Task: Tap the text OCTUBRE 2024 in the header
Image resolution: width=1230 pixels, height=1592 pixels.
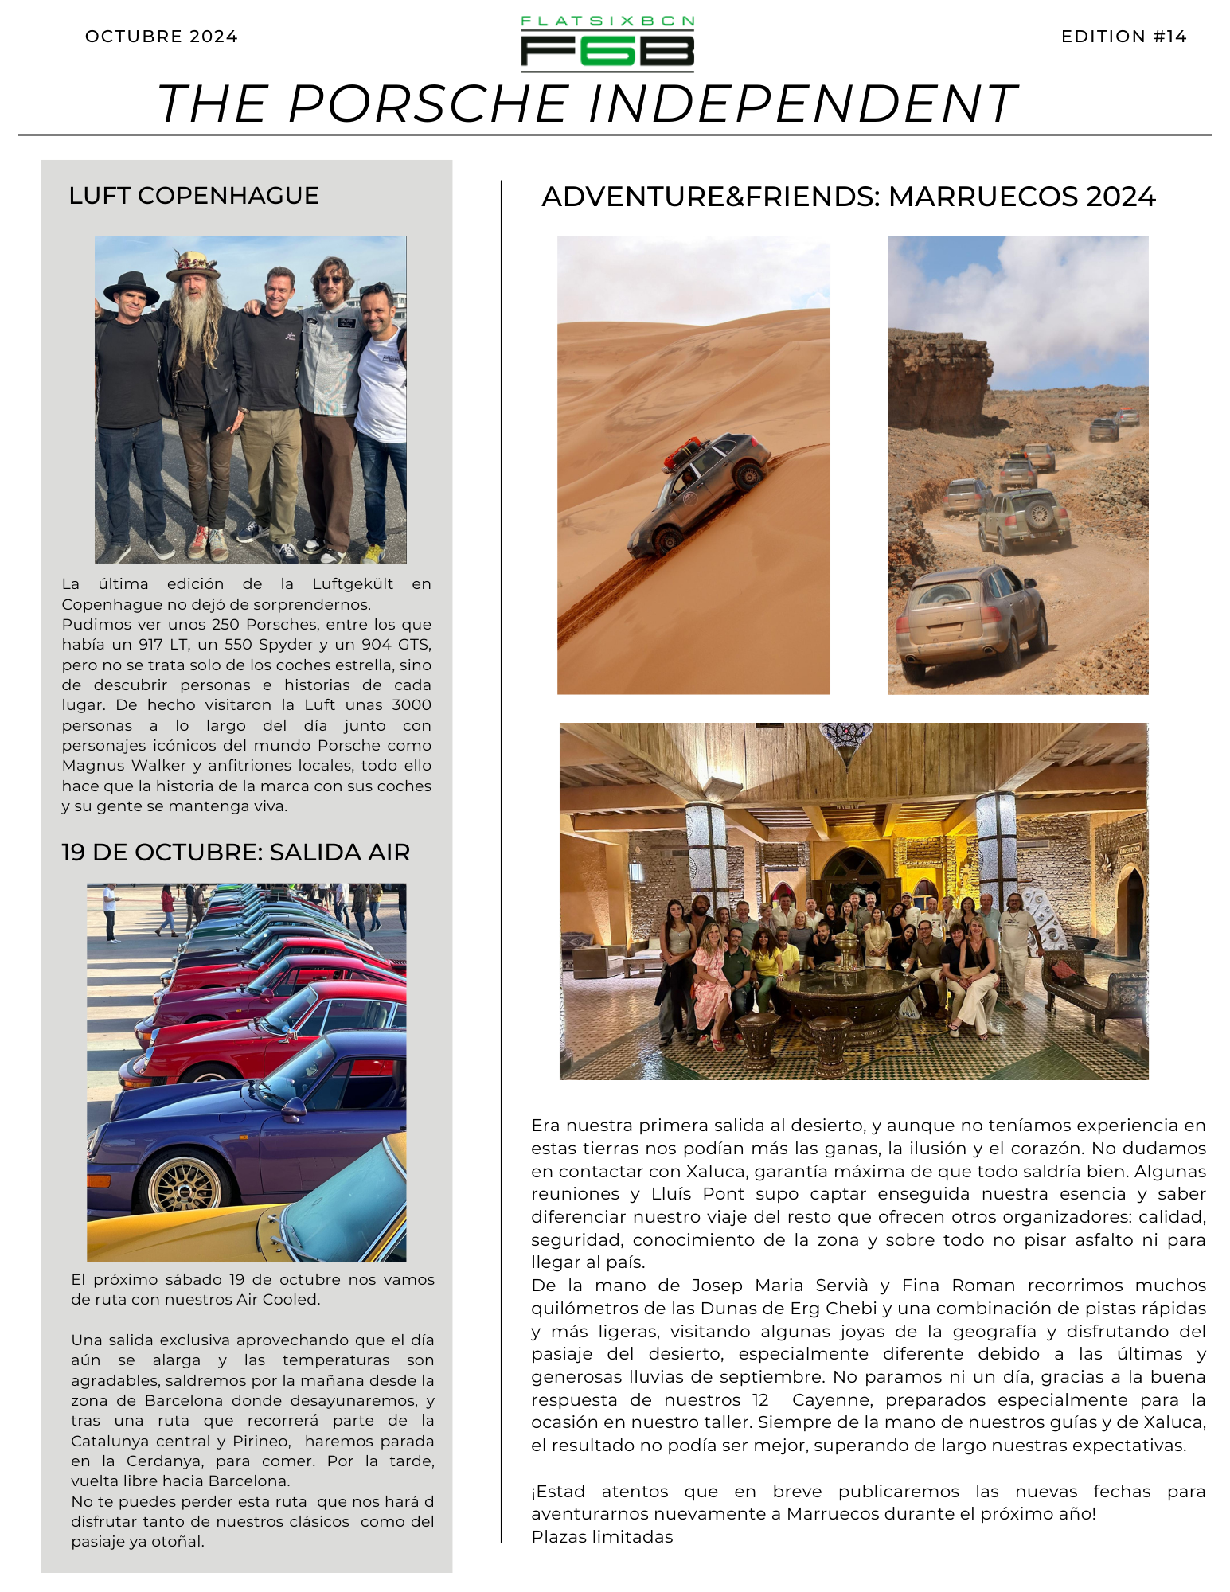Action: [x=161, y=37]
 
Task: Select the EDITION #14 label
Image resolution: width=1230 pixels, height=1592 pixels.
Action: [x=1123, y=37]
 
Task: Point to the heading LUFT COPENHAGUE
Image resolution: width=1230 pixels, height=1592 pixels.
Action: [x=193, y=196]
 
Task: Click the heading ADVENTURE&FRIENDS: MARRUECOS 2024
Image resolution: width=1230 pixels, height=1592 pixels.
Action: [x=848, y=197]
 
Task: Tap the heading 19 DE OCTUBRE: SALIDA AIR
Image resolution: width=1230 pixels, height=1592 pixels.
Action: [x=236, y=853]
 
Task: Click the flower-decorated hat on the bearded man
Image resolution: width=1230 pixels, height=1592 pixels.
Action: [x=192, y=264]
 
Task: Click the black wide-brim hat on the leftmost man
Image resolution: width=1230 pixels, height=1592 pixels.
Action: [x=131, y=285]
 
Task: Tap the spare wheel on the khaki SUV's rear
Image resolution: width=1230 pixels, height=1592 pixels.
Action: [x=1038, y=514]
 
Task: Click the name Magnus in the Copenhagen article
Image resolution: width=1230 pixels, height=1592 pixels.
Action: [x=94, y=766]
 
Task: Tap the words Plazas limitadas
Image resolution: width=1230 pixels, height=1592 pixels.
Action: [x=602, y=1537]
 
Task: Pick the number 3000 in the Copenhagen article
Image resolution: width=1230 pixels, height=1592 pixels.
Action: [x=412, y=705]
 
